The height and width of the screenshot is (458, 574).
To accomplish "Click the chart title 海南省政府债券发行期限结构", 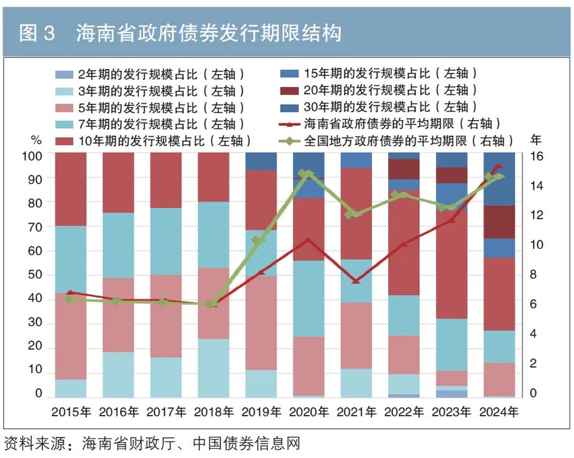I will [208, 33].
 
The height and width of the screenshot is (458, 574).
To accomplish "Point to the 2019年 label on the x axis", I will [261, 412].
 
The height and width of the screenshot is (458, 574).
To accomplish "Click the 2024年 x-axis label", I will [498, 412].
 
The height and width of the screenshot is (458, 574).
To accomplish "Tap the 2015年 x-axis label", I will [71, 412].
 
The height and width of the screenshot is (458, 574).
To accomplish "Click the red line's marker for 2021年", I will [356, 281].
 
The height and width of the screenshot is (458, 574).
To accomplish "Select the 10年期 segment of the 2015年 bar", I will [71, 189].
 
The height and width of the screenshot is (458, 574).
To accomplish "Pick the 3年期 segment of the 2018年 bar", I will [213, 368].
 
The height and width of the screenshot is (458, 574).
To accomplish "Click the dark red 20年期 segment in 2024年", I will [499, 222].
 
